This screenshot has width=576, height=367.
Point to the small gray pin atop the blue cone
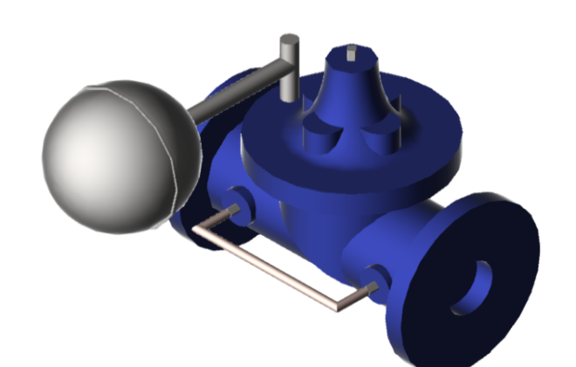tap(351, 52)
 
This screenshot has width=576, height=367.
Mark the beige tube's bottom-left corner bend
tap(198, 229)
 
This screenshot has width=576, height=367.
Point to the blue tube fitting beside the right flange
tap(375, 278)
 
